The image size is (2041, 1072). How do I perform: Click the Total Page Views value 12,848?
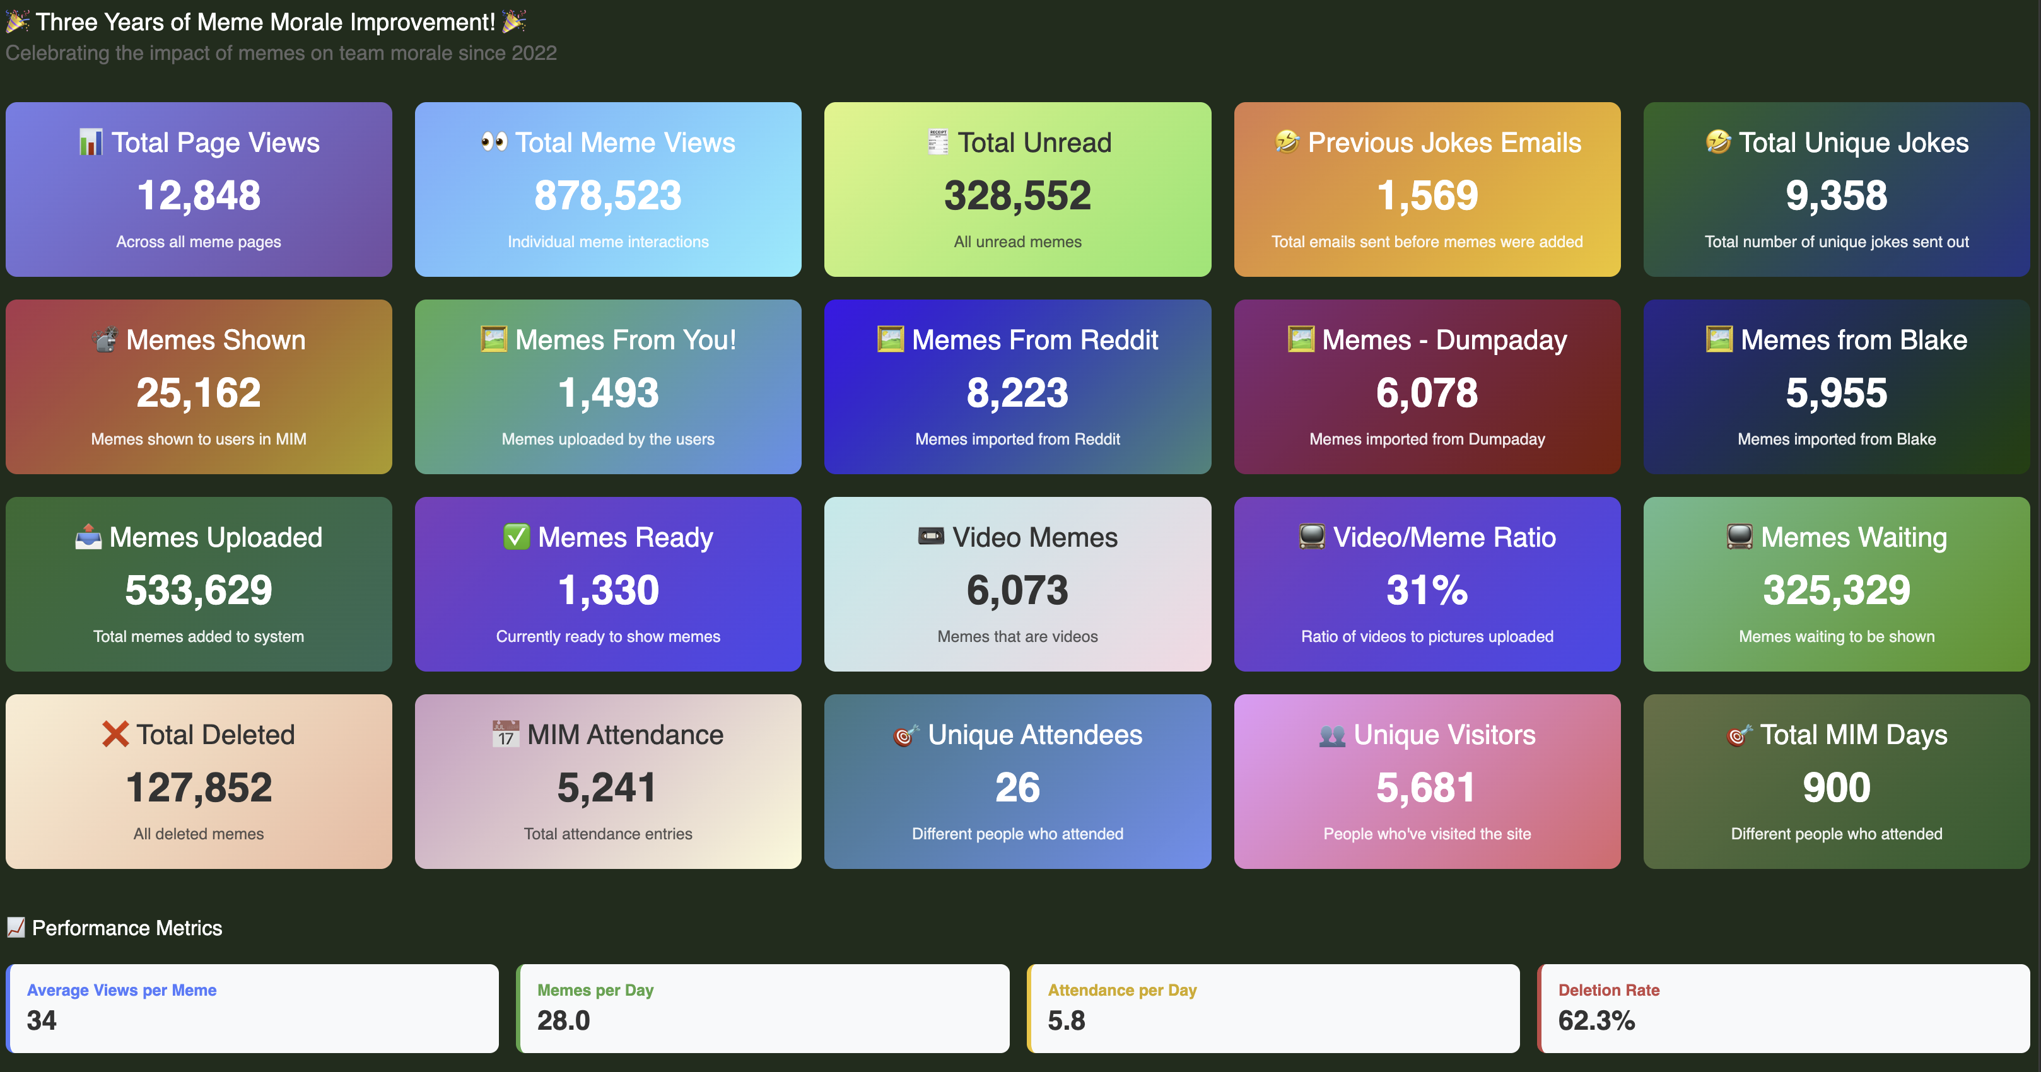click(x=198, y=195)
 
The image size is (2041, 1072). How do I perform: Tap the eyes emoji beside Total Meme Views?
click(x=494, y=143)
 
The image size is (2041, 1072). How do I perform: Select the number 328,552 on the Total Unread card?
click(x=1017, y=195)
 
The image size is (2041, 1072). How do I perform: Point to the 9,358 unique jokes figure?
click(x=1836, y=195)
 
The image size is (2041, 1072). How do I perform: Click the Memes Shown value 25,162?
click(x=198, y=393)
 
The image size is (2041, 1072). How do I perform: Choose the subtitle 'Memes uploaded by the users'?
click(x=608, y=439)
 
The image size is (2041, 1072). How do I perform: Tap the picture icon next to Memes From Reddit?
click(x=891, y=340)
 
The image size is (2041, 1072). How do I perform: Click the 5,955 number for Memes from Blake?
click(x=1836, y=393)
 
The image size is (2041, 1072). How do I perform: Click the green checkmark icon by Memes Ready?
click(x=517, y=537)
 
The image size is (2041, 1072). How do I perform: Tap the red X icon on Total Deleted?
click(x=115, y=735)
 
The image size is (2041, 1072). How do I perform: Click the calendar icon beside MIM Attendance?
click(x=505, y=735)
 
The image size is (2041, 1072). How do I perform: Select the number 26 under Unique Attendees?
click(x=1017, y=788)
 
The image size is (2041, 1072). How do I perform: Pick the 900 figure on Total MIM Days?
click(x=1836, y=788)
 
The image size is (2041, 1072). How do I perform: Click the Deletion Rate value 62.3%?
click(x=1596, y=1020)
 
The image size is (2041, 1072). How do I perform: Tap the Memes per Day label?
click(x=595, y=991)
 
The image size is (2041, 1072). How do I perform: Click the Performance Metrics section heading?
click(x=127, y=928)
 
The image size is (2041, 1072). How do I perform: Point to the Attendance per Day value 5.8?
click(x=1066, y=1020)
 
